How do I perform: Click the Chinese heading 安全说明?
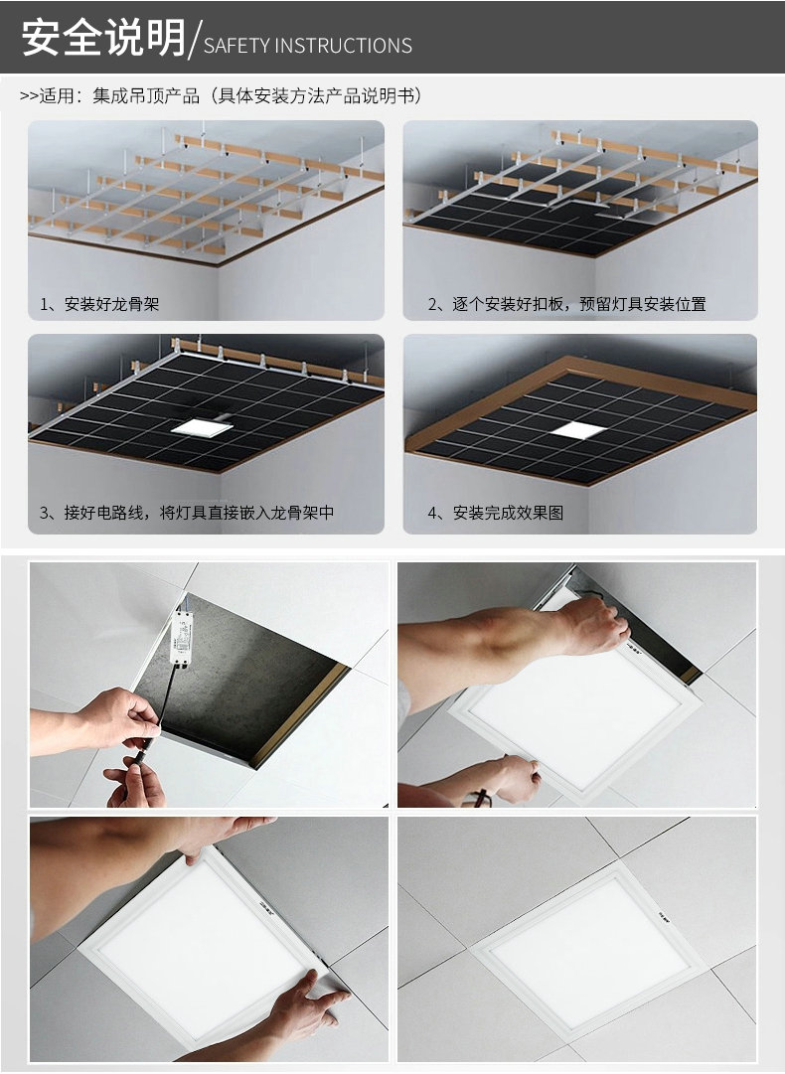pyautogui.click(x=103, y=37)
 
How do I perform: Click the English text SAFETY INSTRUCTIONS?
pyautogui.click(x=308, y=46)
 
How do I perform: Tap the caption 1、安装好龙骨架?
pyautogui.click(x=99, y=304)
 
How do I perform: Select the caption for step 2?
pyautogui.click(x=567, y=304)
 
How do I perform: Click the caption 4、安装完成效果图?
pyautogui.click(x=496, y=513)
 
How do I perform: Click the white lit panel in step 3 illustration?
pyautogui.click(x=202, y=427)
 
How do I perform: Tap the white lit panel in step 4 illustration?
pyautogui.click(x=577, y=431)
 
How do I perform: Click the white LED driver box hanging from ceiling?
pyautogui.click(x=182, y=639)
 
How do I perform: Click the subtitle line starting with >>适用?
pyautogui.click(x=221, y=95)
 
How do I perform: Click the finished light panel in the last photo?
pyautogui.click(x=580, y=951)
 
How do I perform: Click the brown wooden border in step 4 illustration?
pyautogui.click(x=581, y=420)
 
